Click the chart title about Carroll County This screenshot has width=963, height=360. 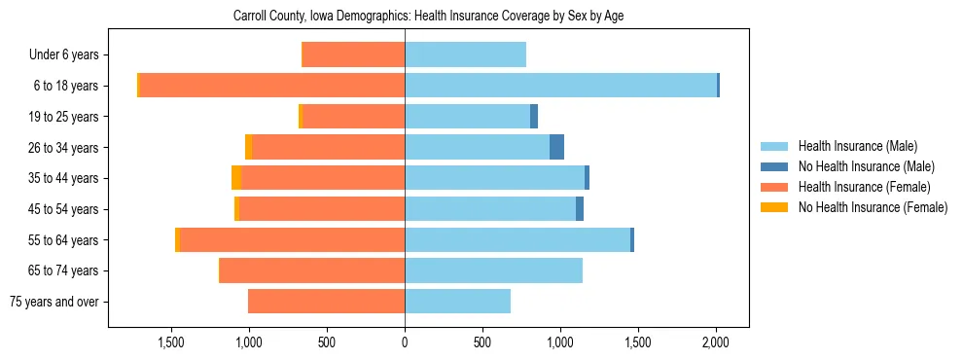coord(434,17)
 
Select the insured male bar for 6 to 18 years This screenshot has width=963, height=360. coord(560,86)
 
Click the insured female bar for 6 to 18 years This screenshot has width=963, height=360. coord(272,86)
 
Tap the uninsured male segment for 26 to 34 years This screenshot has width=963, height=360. coord(556,147)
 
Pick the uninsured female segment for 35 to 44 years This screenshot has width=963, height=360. coord(236,178)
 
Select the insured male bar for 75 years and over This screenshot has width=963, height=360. coord(457,302)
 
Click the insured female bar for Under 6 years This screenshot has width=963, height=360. coord(353,55)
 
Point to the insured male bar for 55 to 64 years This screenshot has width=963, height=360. coord(517,239)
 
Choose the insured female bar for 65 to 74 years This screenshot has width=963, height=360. coord(312,270)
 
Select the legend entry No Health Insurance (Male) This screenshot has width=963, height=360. coord(866,166)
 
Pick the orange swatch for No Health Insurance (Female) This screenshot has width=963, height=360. coord(774,207)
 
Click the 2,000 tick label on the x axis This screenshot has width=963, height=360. coord(716,342)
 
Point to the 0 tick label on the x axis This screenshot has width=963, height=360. coord(405,342)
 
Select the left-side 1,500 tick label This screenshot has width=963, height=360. coord(171,342)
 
